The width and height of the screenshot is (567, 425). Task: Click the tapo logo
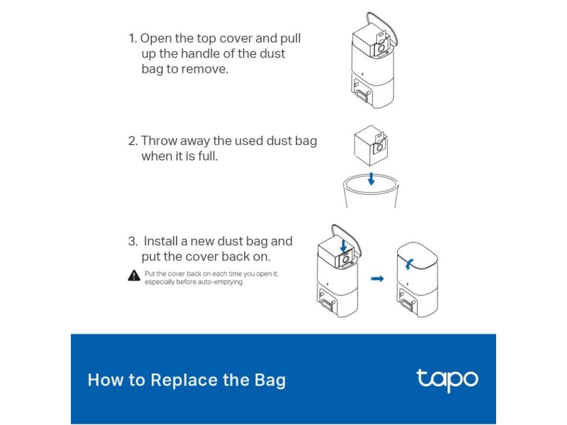click(447, 380)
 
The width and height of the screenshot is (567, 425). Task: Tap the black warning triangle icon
click(134, 276)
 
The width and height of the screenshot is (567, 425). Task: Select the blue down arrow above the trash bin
click(371, 179)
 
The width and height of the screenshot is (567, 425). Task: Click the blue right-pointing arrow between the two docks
click(377, 279)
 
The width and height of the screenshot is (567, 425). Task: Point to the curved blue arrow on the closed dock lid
click(409, 263)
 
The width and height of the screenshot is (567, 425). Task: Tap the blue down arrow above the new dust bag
click(343, 245)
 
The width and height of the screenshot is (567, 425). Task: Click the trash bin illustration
click(370, 190)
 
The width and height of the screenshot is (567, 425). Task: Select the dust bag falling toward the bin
click(370, 146)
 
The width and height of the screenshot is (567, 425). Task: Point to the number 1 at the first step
click(132, 38)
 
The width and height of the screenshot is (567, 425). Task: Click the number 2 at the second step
click(133, 141)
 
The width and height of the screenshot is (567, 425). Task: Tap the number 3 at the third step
click(133, 241)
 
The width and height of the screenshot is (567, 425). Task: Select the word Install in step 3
click(161, 241)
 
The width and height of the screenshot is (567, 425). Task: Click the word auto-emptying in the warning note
click(220, 282)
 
